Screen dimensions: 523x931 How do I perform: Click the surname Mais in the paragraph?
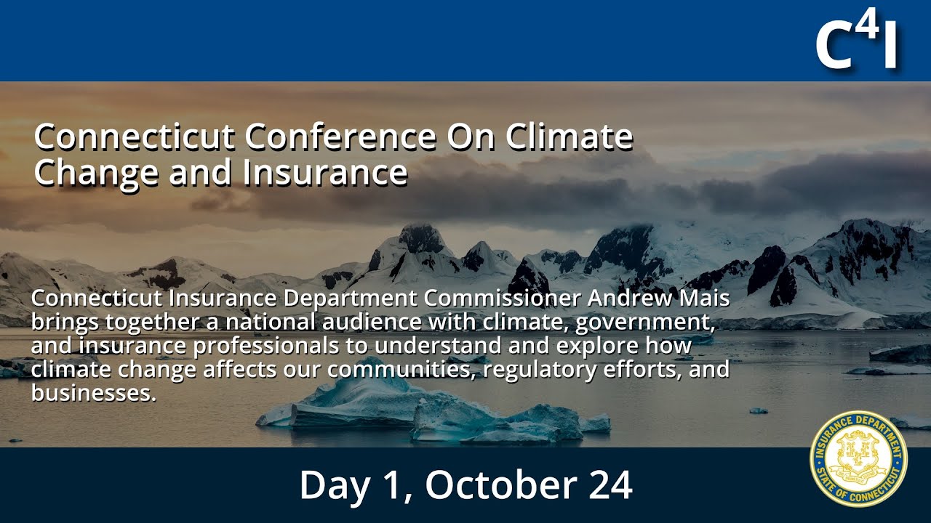click(x=706, y=299)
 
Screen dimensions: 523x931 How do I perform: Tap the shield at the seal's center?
click(x=858, y=458)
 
